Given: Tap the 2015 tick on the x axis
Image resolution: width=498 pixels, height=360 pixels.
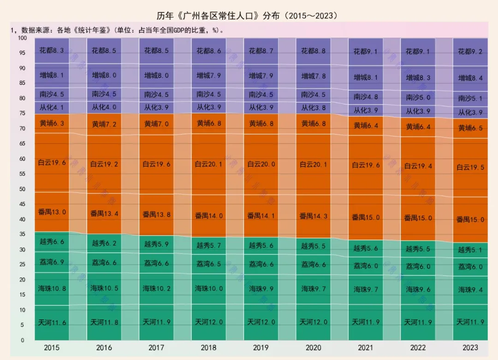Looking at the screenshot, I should [x=52, y=348].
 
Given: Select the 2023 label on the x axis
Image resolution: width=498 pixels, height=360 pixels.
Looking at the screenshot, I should [x=470, y=348].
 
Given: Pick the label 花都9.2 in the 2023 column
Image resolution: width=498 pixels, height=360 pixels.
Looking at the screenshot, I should [x=470, y=52].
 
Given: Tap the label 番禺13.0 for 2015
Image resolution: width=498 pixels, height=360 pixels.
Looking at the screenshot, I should [x=52, y=212].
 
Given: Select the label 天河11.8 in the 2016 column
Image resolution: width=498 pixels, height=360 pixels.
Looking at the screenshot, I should [x=104, y=322].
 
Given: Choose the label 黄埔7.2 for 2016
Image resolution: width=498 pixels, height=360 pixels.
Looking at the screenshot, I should [x=104, y=124].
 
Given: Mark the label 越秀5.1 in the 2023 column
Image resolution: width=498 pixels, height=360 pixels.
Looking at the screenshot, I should [x=470, y=251].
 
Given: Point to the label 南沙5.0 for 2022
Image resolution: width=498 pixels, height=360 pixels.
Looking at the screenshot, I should [x=418, y=97].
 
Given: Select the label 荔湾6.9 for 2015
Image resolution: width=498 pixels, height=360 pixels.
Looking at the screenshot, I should [x=52, y=262].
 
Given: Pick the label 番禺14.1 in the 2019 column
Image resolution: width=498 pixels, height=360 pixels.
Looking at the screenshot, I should [x=261, y=216].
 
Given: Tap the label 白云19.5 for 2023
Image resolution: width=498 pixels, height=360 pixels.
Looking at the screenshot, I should [x=470, y=168].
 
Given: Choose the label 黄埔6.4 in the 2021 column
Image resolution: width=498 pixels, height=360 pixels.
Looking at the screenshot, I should [x=366, y=126].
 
